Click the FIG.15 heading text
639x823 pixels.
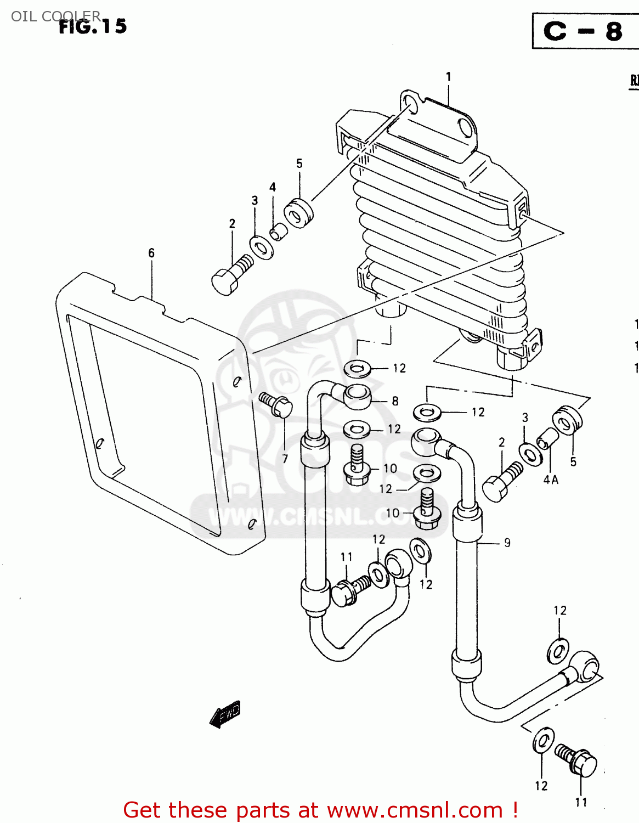93,26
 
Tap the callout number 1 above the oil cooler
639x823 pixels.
448,77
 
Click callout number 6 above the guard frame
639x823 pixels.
151,253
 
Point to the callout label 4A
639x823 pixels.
551,480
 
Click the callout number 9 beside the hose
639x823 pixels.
507,543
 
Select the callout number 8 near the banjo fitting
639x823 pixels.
395,401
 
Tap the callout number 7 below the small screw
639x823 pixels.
285,459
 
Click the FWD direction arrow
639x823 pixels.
225,714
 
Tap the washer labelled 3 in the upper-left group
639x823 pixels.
262,247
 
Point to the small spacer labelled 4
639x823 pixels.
279,232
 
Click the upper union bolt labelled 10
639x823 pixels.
357,466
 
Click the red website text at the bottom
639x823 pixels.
320,810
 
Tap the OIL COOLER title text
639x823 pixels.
55,16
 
